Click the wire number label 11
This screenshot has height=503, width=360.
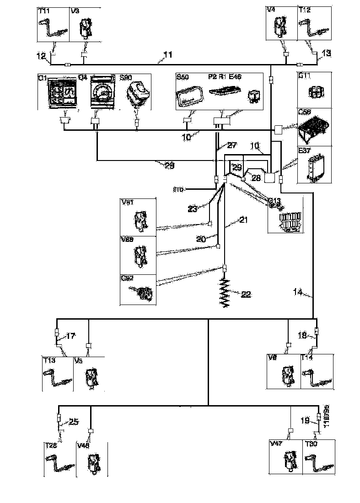click(168, 56)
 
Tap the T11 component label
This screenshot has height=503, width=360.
click(44, 11)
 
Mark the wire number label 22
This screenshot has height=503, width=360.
click(246, 295)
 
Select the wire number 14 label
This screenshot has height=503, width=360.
click(297, 292)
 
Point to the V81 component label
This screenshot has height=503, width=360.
click(128, 202)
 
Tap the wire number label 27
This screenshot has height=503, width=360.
click(232, 146)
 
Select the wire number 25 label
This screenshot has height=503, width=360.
click(73, 422)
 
